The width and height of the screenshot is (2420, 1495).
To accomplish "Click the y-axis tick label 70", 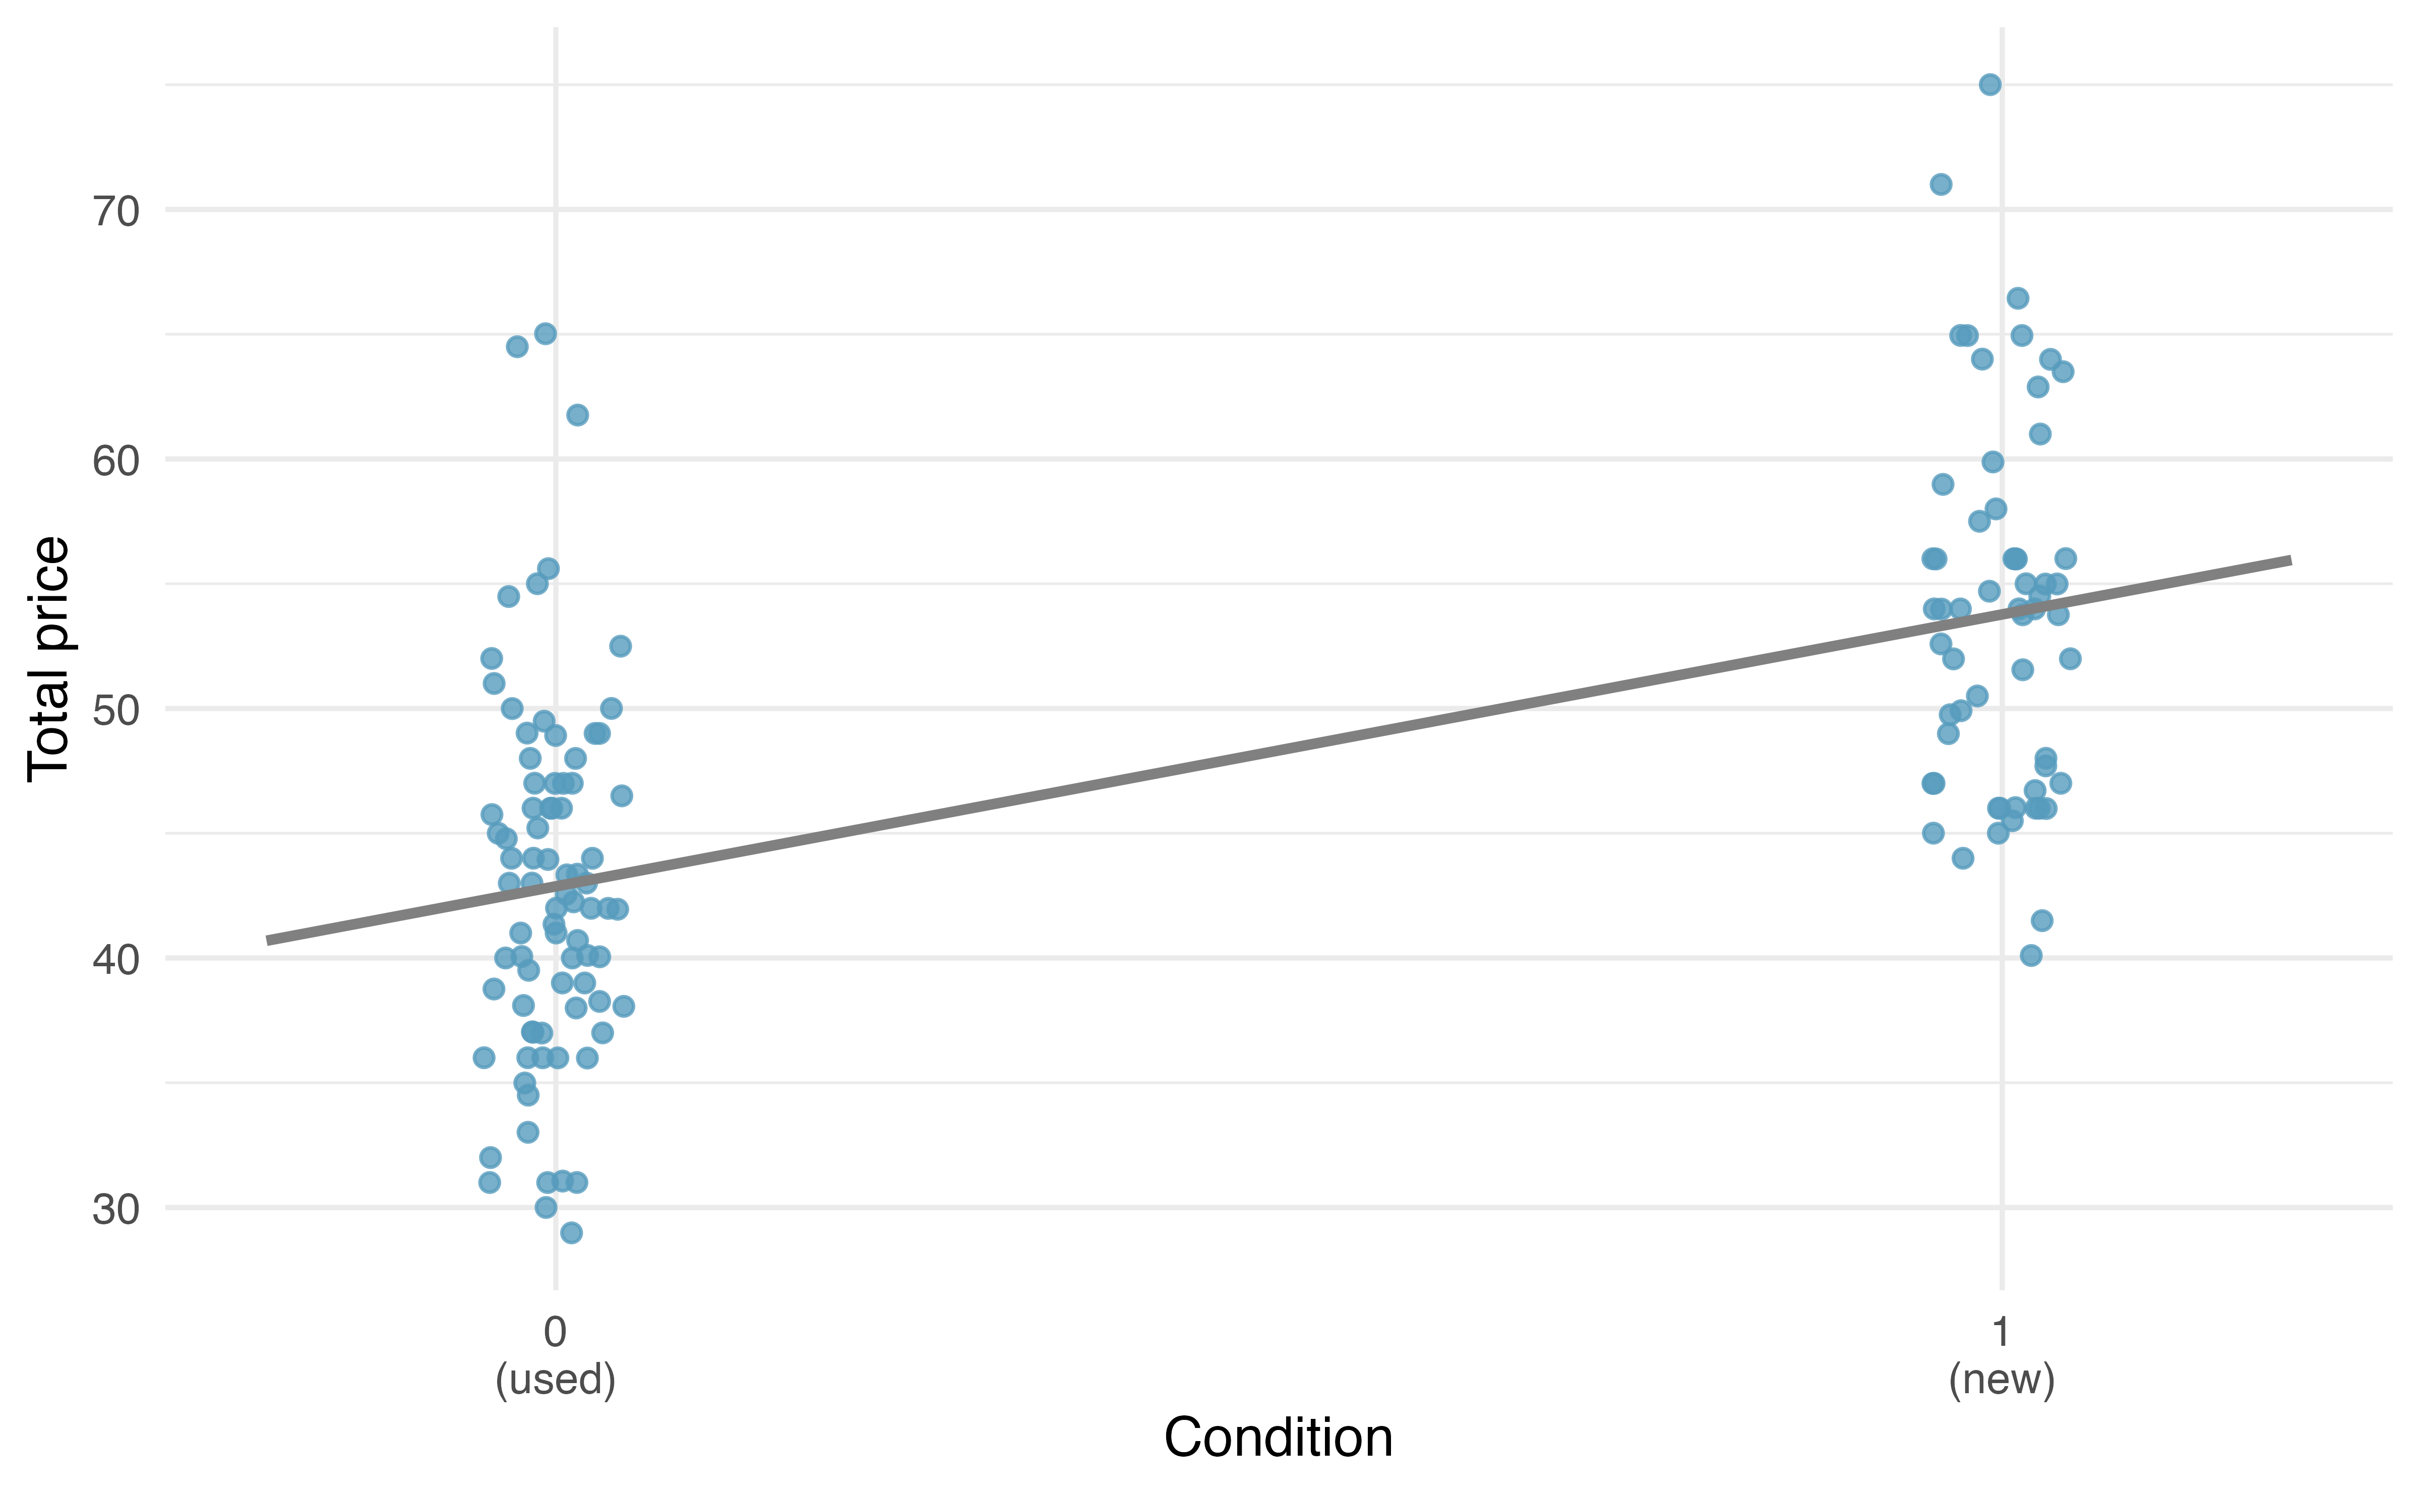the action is click(x=116, y=211).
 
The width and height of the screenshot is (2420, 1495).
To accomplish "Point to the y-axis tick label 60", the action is click(x=116, y=460).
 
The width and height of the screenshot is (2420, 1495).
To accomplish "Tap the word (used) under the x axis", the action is click(x=556, y=1379).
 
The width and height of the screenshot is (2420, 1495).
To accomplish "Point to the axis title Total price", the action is click(x=49, y=659).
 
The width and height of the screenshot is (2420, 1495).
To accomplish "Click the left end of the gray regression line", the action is click(x=267, y=941).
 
